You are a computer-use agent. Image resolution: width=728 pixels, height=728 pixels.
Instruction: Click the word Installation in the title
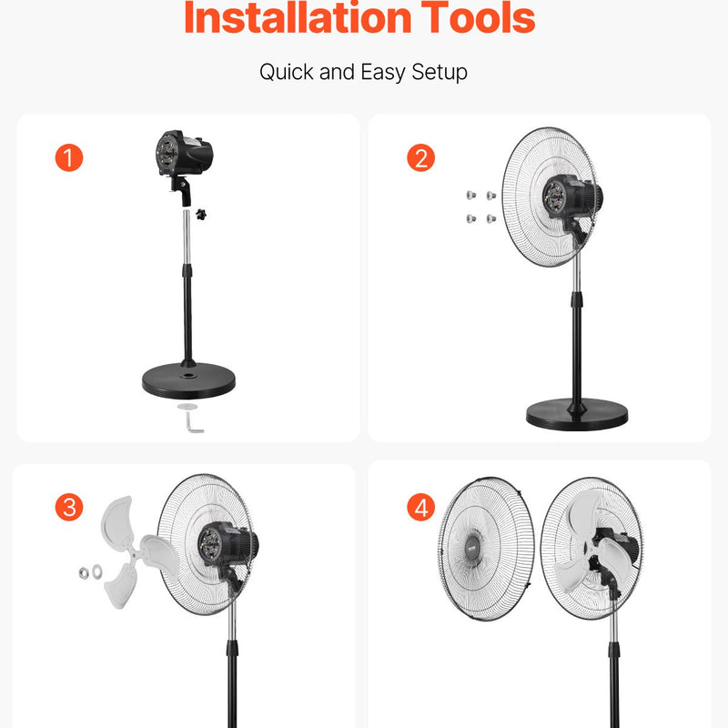(x=298, y=17)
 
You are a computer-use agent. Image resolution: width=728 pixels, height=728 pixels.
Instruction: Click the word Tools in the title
(x=478, y=17)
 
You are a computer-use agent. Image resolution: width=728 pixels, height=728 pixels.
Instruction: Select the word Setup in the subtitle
(x=440, y=73)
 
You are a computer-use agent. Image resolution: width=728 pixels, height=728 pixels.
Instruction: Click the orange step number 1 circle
(x=69, y=157)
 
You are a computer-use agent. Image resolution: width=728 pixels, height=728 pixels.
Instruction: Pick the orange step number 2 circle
(x=420, y=157)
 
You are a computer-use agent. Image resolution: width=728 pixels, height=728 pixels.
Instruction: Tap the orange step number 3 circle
(x=69, y=507)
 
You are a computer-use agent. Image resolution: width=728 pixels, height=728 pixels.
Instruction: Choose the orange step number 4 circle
(x=420, y=507)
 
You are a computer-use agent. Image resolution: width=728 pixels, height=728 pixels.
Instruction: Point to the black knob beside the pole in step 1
(x=200, y=215)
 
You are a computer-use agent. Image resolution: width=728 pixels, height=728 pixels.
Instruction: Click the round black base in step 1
(x=188, y=380)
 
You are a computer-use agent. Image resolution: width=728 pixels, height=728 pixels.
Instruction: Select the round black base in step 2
(x=577, y=414)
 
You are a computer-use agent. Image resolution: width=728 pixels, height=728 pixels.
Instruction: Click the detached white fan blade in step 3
(x=135, y=552)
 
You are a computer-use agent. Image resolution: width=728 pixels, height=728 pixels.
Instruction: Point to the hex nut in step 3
(x=84, y=573)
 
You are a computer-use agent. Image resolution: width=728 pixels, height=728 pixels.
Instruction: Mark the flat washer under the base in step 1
(x=187, y=407)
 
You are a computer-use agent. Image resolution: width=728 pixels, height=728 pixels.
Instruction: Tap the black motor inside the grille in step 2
(x=572, y=197)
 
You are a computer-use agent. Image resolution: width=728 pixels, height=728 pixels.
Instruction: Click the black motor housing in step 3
(x=228, y=544)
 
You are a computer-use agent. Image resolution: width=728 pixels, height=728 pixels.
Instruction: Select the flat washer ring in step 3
(x=97, y=571)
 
